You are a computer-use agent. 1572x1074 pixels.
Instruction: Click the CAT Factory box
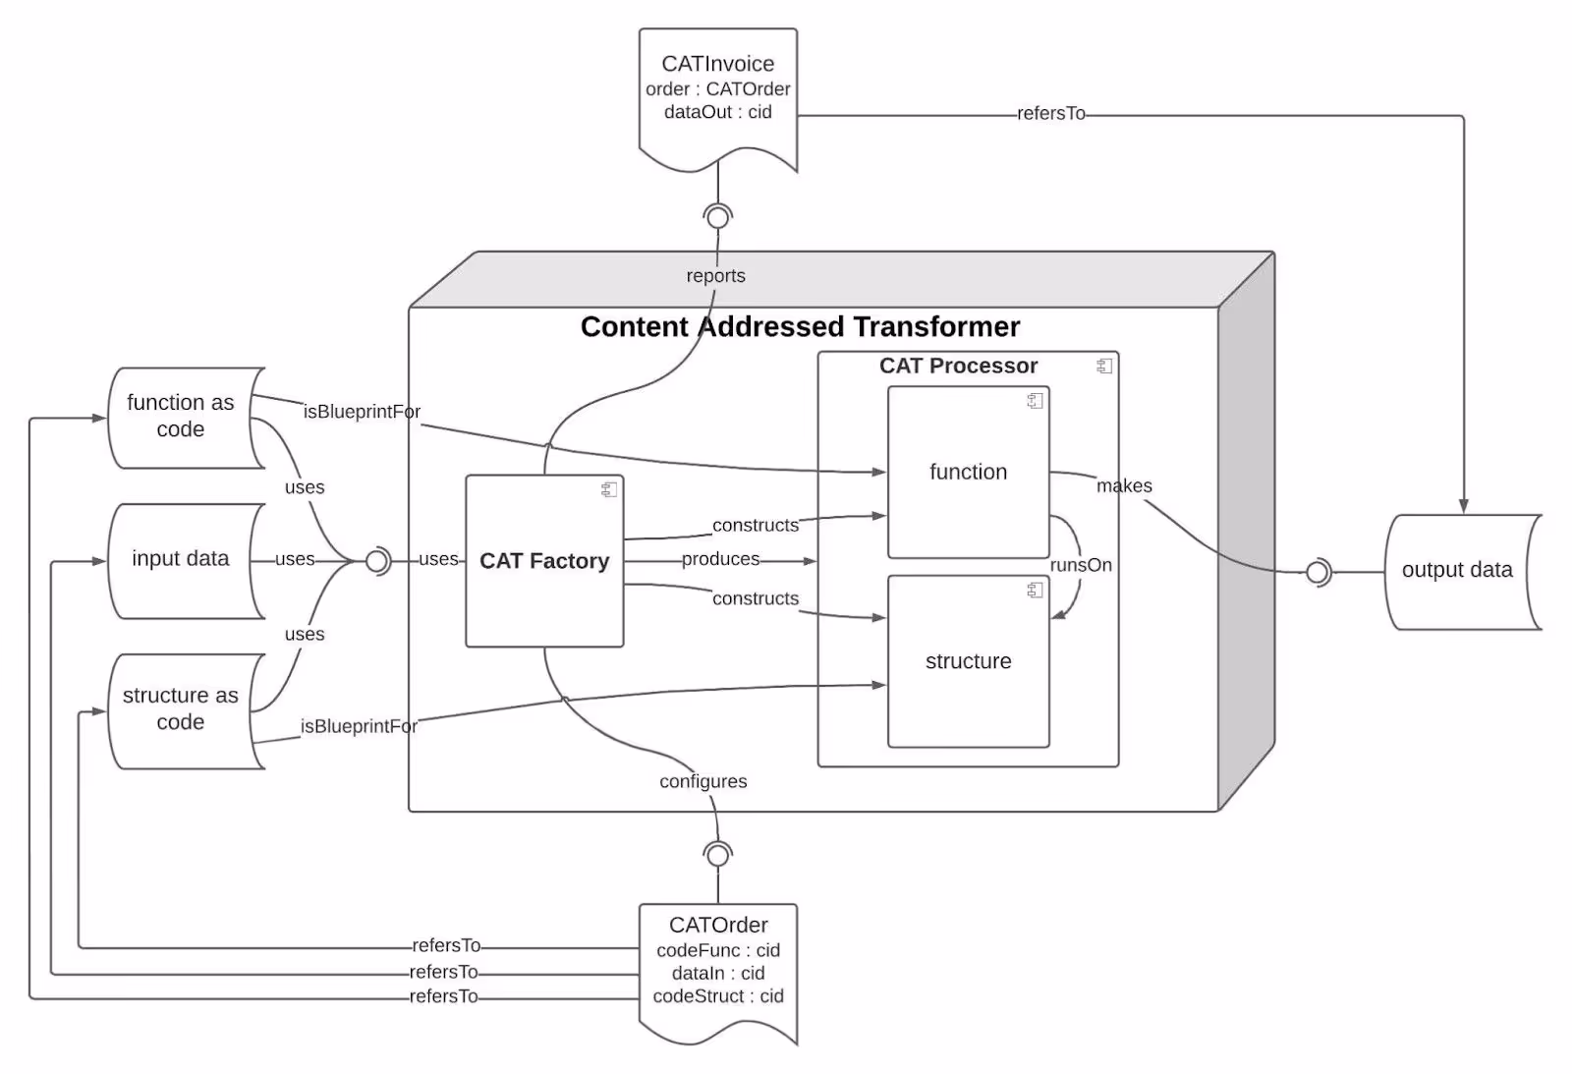pyautogui.click(x=544, y=562)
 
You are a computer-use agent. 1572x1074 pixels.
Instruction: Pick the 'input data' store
pyautogui.click(x=181, y=559)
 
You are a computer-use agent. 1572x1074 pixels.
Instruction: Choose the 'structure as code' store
pyautogui.click(x=181, y=708)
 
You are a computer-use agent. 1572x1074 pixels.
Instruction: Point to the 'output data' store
pyautogui.click(x=1457, y=570)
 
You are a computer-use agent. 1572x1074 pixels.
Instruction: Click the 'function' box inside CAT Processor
pyautogui.click(x=968, y=473)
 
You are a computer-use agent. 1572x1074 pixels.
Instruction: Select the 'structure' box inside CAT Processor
pyautogui.click(x=968, y=661)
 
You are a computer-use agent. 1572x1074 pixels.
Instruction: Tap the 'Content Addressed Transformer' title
pyautogui.click(x=800, y=327)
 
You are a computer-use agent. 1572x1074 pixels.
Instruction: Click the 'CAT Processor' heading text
pyautogui.click(x=958, y=366)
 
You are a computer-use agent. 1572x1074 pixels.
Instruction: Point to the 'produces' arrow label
pyautogui.click(x=720, y=559)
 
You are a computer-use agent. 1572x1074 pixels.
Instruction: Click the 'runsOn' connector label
pyautogui.click(x=1081, y=565)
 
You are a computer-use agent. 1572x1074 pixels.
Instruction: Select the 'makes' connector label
pyautogui.click(x=1124, y=486)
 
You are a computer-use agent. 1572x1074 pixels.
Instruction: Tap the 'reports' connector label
pyautogui.click(x=715, y=276)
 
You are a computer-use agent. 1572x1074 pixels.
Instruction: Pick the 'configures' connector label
pyautogui.click(x=702, y=781)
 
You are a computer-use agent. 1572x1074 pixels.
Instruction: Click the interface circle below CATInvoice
pyautogui.click(x=718, y=216)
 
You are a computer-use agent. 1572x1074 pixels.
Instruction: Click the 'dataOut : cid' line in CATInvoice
pyautogui.click(x=717, y=112)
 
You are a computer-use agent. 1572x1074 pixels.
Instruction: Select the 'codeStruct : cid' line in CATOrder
pyautogui.click(x=718, y=996)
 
